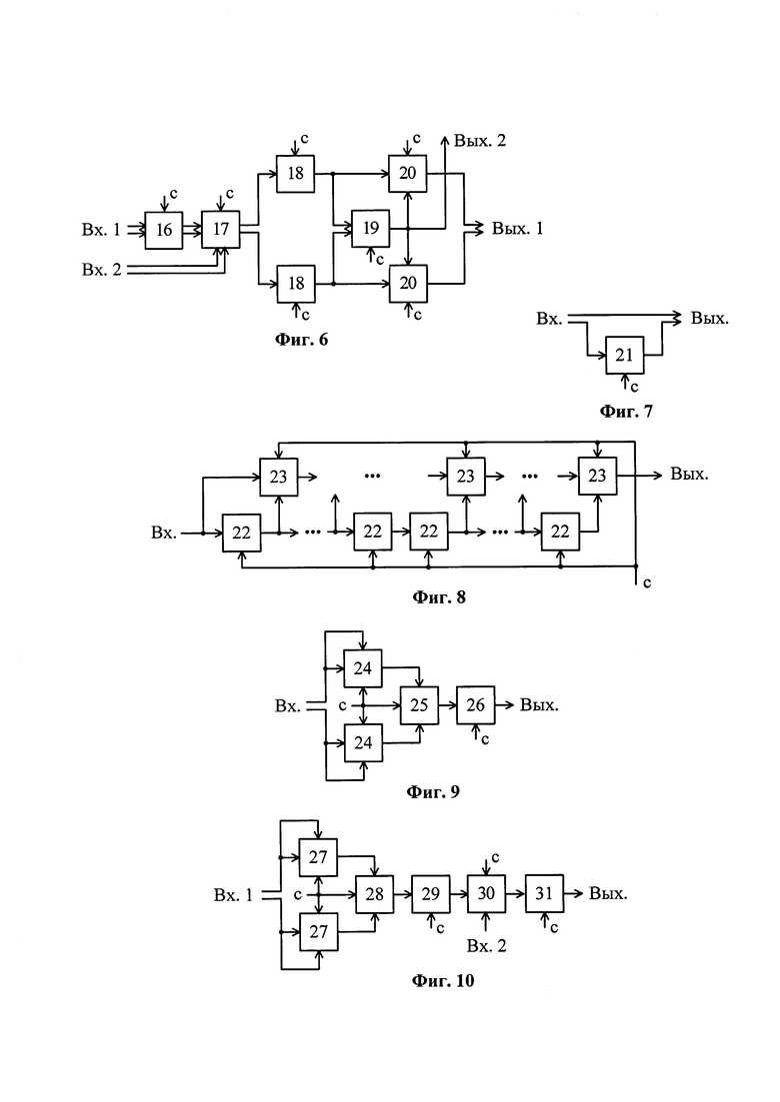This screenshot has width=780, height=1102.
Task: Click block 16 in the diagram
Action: click(164, 230)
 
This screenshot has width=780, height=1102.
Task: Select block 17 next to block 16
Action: click(221, 230)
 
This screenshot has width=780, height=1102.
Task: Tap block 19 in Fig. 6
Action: click(370, 229)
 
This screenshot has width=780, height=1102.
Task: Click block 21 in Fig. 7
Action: click(624, 354)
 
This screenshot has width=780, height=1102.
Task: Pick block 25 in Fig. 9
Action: click(419, 705)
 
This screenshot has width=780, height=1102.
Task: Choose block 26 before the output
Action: click(476, 705)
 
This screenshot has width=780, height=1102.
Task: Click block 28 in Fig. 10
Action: click(375, 893)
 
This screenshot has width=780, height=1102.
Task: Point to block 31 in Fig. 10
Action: click(544, 893)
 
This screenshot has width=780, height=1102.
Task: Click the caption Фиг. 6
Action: click(301, 340)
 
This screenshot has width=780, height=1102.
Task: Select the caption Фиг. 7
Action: click(625, 410)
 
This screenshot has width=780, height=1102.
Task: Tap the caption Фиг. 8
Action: click(439, 598)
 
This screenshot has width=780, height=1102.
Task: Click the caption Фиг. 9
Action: click(433, 792)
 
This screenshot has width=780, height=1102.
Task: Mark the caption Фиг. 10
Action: click(443, 980)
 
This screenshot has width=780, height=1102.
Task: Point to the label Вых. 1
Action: click(517, 229)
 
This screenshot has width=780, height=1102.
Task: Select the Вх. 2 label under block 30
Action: click(487, 945)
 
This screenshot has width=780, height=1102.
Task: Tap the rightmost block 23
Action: click(597, 476)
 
